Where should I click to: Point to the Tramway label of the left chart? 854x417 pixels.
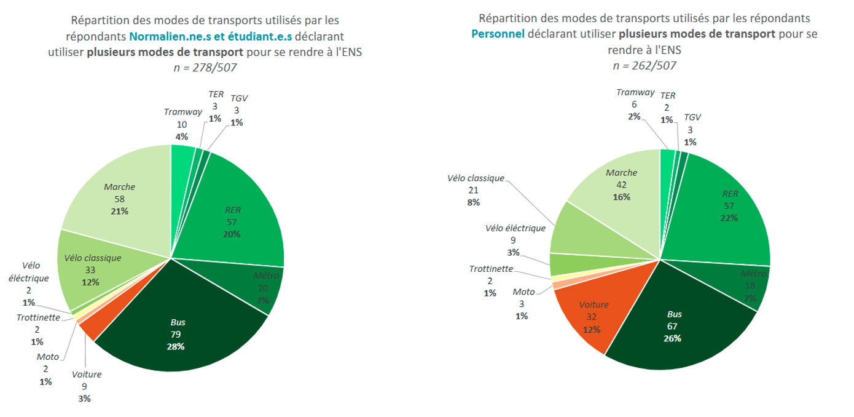tap(182, 112)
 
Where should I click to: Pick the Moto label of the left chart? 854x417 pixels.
tap(47, 357)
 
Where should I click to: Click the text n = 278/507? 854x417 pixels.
tap(205, 67)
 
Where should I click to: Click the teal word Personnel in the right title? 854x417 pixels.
tap(498, 34)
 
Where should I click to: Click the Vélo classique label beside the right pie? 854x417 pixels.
tap(476, 178)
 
